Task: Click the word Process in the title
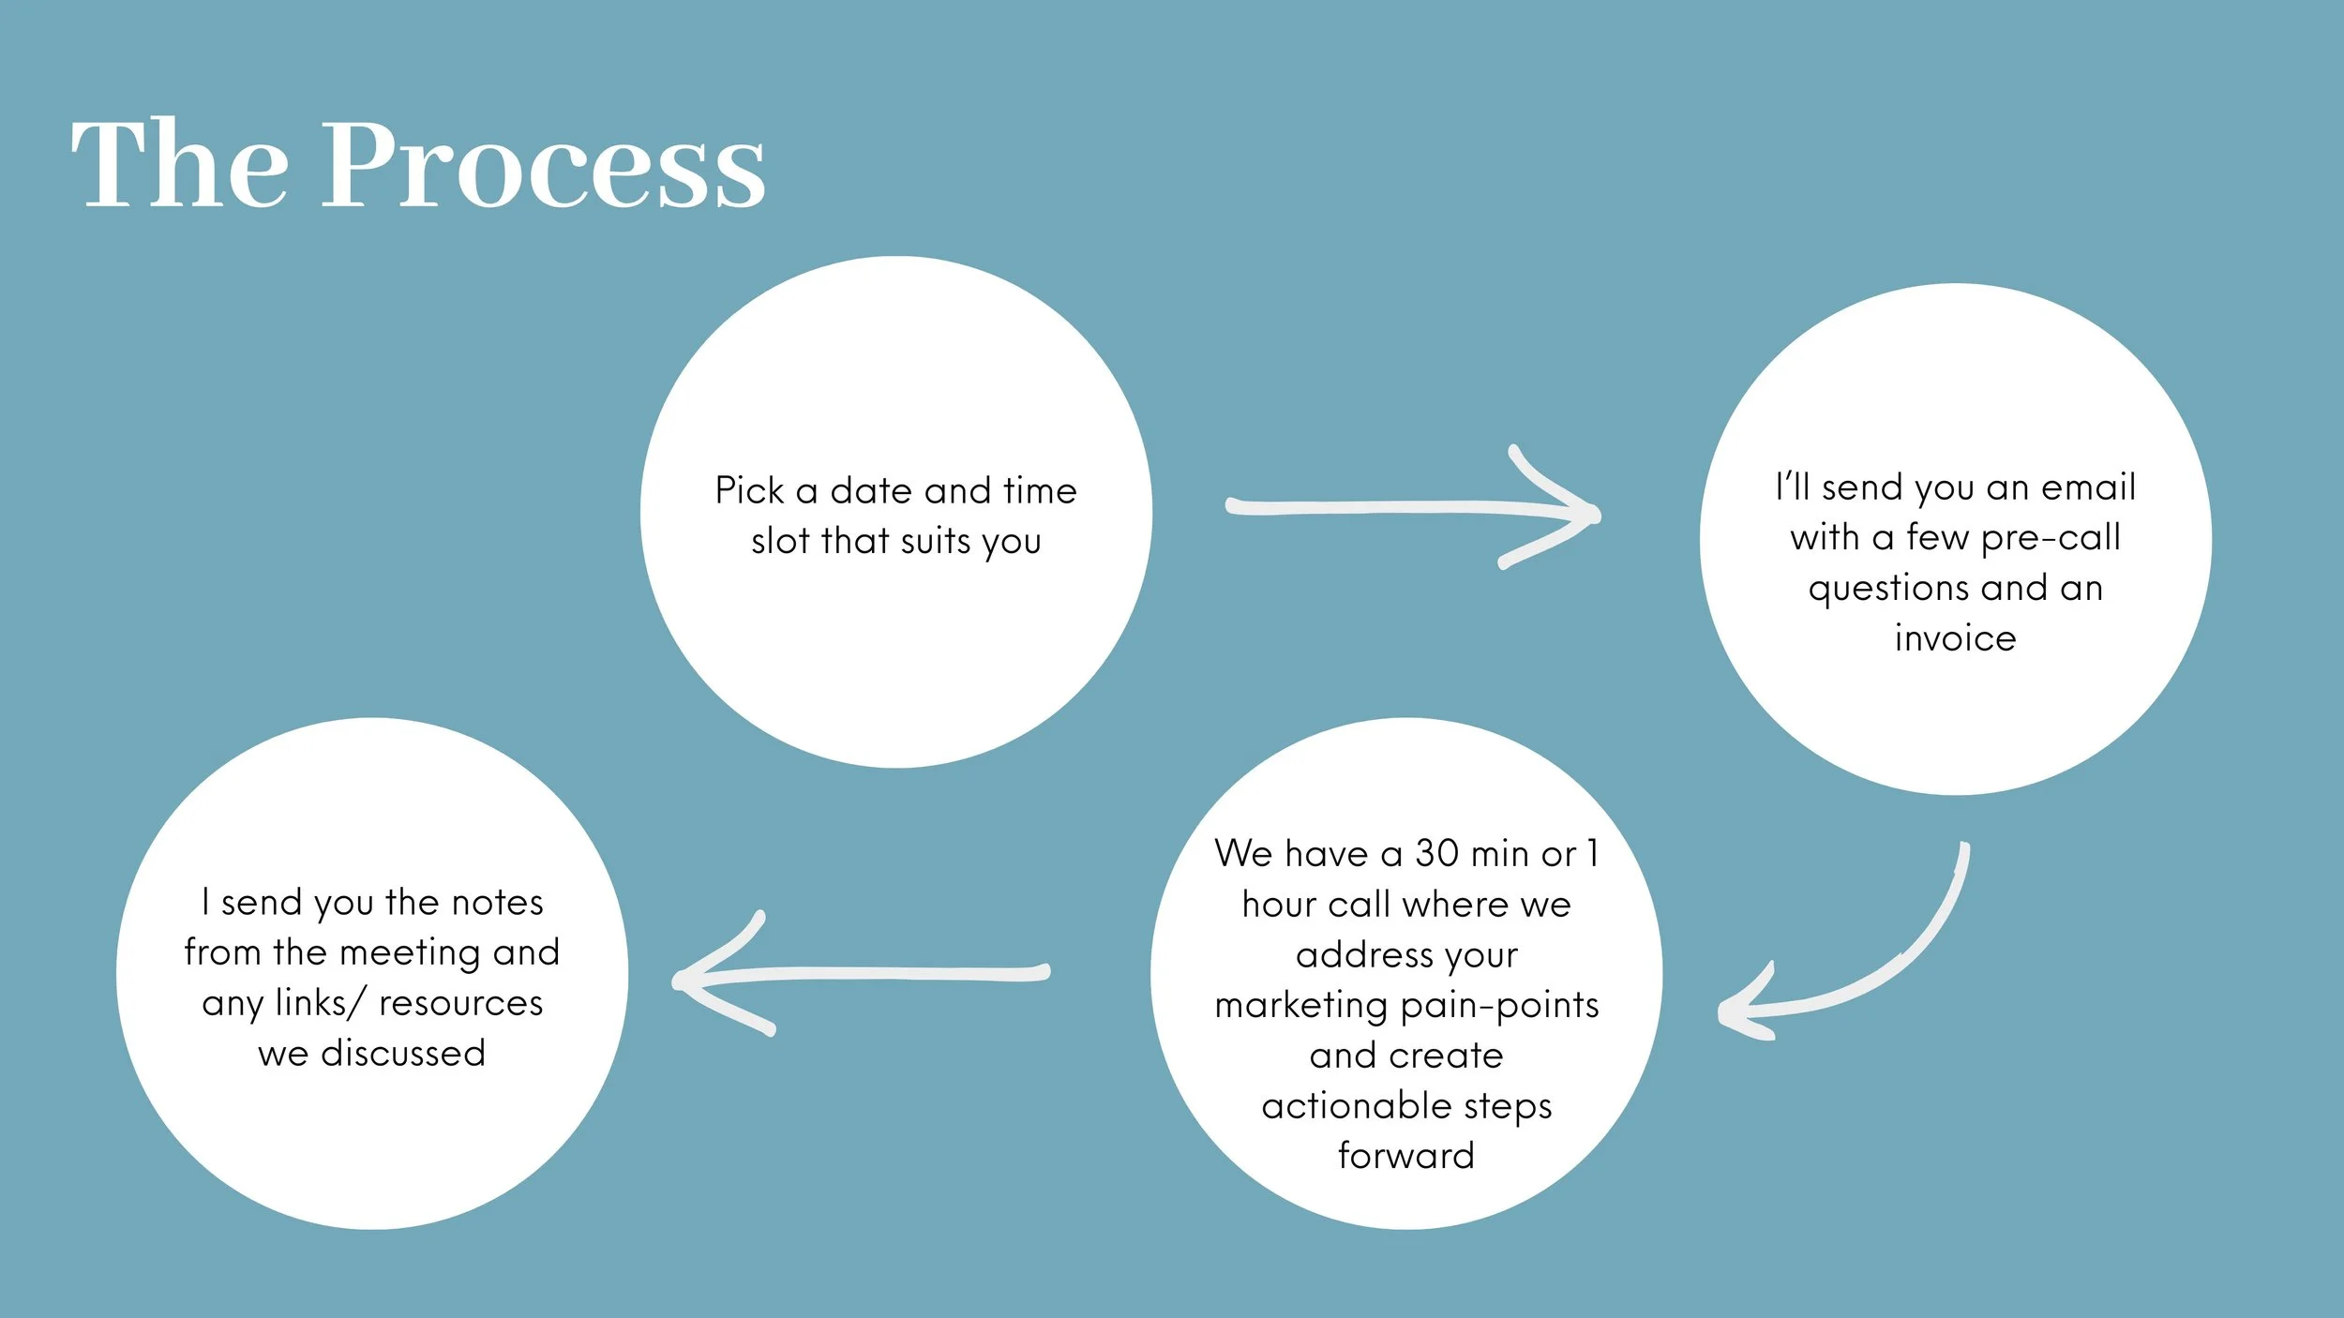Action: coord(543,167)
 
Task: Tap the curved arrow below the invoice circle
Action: coord(1866,966)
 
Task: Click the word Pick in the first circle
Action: coord(749,490)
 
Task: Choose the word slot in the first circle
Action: coord(780,541)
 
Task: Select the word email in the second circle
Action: coord(2088,487)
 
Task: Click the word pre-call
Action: coord(2051,538)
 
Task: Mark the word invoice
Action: coord(1955,638)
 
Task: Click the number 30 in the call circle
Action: coord(1436,853)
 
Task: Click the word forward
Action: coord(1406,1156)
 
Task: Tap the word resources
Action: coord(460,1003)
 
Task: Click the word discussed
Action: coord(403,1053)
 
